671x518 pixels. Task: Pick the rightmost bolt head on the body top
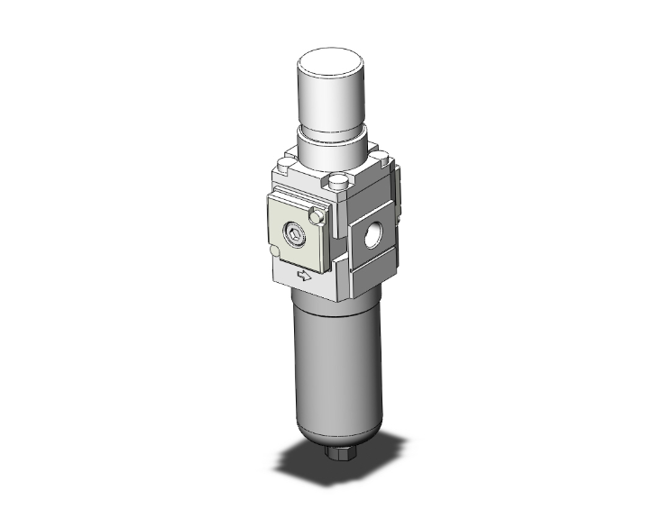point(382,163)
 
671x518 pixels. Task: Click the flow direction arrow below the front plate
point(307,277)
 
